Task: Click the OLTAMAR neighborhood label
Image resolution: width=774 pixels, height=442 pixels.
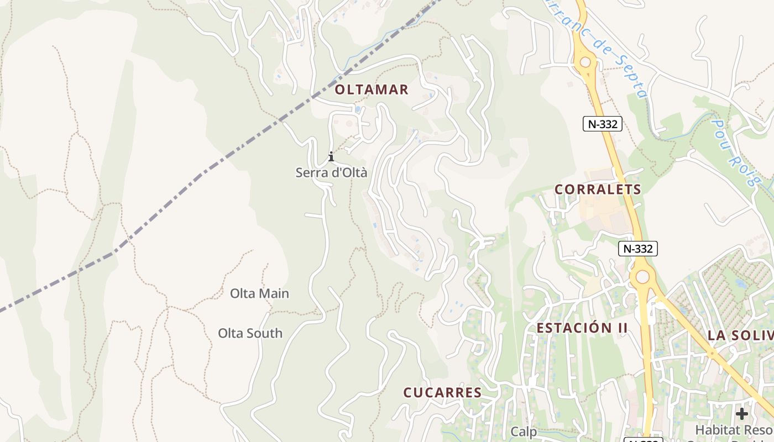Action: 372,90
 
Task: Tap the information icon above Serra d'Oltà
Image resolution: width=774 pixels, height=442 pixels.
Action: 331,156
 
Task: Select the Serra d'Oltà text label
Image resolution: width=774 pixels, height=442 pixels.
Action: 331,172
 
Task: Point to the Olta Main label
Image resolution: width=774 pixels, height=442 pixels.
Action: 259,293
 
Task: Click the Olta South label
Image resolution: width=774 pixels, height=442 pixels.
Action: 250,333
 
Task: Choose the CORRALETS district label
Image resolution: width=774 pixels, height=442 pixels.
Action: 598,190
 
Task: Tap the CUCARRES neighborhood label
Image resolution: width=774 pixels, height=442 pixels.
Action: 442,393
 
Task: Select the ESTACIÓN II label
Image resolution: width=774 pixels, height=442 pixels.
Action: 582,328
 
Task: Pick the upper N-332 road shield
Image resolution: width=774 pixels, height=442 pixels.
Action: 603,124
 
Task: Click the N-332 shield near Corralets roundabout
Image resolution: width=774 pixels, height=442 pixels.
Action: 638,249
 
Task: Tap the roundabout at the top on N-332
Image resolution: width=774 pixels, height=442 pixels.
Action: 585,62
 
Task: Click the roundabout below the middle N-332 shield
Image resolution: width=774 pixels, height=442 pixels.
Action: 642,276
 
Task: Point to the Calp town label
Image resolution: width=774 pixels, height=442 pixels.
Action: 524,432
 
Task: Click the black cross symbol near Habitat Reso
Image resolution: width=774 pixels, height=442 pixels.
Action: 742,413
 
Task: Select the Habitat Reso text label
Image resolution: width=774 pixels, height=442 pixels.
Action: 734,429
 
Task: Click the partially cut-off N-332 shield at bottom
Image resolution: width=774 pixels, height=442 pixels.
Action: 643,439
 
